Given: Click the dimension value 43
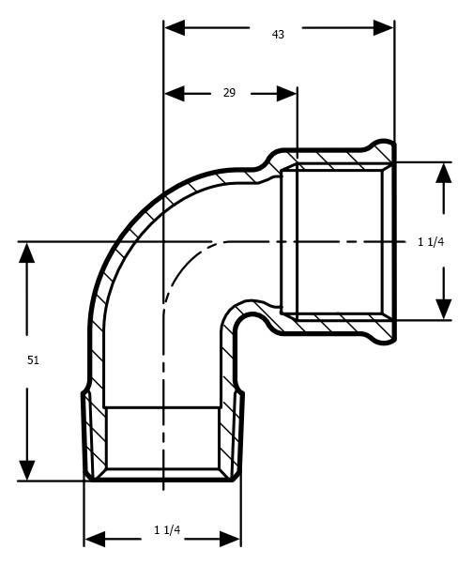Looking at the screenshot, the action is coord(278,35).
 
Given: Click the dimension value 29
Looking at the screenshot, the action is coord(229,93).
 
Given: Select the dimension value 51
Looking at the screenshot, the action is coord(33,360).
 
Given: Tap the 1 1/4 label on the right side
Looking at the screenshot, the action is coord(431,242).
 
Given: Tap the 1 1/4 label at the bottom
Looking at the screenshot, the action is coord(167,529).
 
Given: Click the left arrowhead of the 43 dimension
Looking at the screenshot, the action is coord(175,28).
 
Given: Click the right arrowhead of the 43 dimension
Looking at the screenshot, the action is coord(383,28).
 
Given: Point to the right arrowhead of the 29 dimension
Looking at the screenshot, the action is coord(287,94).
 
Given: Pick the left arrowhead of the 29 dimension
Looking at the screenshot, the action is coord(175,94).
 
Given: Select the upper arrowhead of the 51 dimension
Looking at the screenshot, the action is coord(27,252).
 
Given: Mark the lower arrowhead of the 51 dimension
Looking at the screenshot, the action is coord(27,470).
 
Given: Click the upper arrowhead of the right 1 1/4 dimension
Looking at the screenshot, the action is coord(444,173).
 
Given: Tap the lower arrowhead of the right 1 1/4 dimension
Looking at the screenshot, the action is coord(444,309).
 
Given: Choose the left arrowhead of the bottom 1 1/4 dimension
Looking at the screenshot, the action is coord(95,539).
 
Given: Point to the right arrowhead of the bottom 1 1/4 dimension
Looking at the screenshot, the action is coord(230,539).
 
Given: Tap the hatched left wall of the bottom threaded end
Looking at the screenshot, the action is coord(95,436).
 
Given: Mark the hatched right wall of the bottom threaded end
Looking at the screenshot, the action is coord(231,436).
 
